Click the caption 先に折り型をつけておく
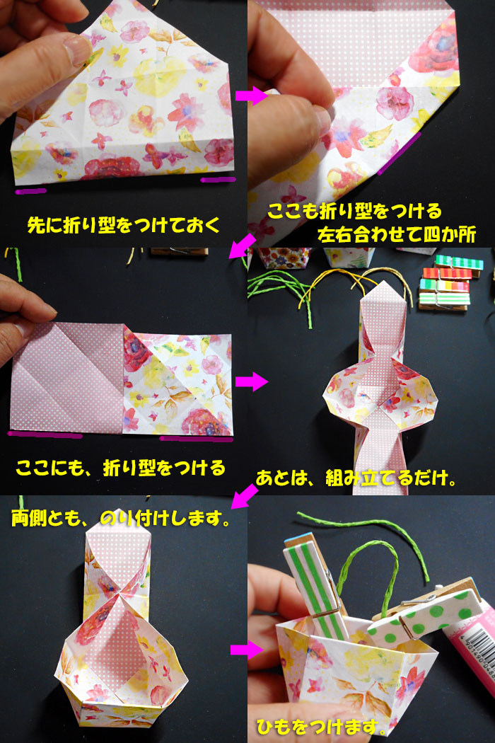(x=124, y=224)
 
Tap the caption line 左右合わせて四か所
(x=397, y=234)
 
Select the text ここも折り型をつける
(x=354, y=211)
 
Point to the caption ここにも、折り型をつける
(x=121, y=468)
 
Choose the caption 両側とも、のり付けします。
(x=121, y=518)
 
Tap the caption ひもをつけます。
(x=321, y=726)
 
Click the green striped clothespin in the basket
(x=316, y=587)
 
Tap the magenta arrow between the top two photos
(x=252, y=96)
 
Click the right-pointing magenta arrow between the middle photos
(x=252, y=381)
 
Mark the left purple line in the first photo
(x=31, y=192)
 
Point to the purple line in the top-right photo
(x=400, y=154)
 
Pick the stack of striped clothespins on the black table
(x=451, y=283)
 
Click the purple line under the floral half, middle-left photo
(x=196, y=439)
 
